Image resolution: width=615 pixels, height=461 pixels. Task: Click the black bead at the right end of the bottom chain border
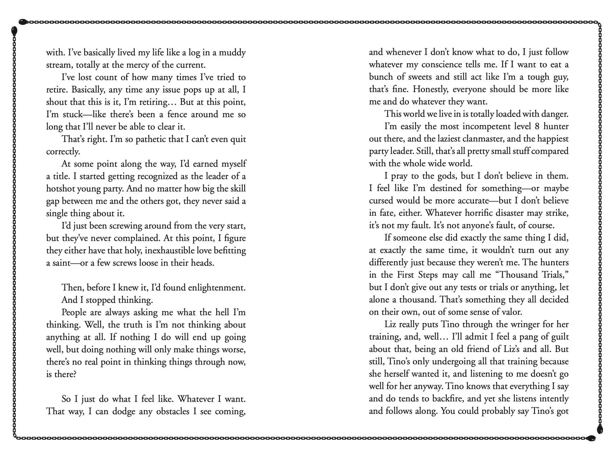click(x=591, y=438)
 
